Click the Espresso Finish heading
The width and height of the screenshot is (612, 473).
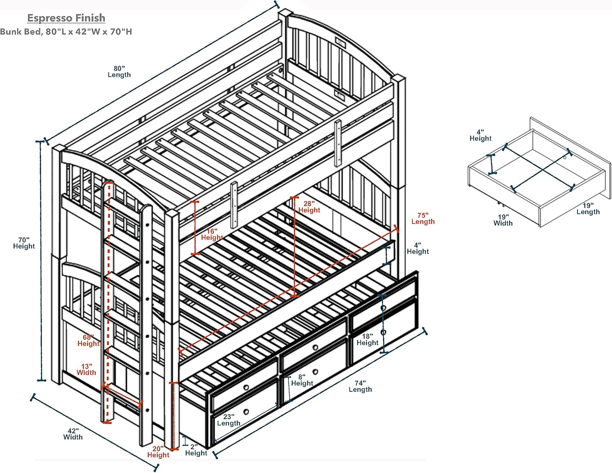tap(66, 18)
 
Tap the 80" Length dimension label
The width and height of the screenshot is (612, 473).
tap(119, 71)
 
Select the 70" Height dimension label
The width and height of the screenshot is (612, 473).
tap(24, 243)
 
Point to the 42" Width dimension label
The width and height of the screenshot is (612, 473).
tap(73, 434)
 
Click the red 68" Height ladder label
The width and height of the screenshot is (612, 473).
tap(88, 340)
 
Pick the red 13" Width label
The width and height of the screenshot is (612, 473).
tap(86, 370)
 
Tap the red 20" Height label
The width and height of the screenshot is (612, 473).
tap(158, 452)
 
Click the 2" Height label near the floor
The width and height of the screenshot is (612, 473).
tap(196, 450)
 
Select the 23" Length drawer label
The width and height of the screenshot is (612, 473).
tap(228, 420)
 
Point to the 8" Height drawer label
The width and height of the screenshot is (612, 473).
tap(302, 380)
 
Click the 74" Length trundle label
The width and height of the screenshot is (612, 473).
tap(360, 386)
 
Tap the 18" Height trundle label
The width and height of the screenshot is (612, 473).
tap(367, 339)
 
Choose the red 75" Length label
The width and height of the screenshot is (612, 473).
tap(423, 218)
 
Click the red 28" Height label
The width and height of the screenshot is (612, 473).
tap(309, 207)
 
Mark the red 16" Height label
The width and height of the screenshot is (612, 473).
tap(212, 234)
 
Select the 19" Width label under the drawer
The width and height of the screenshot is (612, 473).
tap(503, 220)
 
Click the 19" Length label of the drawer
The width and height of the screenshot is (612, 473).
tap(588, 208)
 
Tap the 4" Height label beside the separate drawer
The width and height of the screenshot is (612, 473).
tap(480, 135)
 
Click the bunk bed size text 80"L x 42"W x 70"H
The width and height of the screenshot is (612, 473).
tap(66, 32)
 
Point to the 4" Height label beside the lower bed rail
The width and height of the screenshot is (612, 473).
tap(417, 248)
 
